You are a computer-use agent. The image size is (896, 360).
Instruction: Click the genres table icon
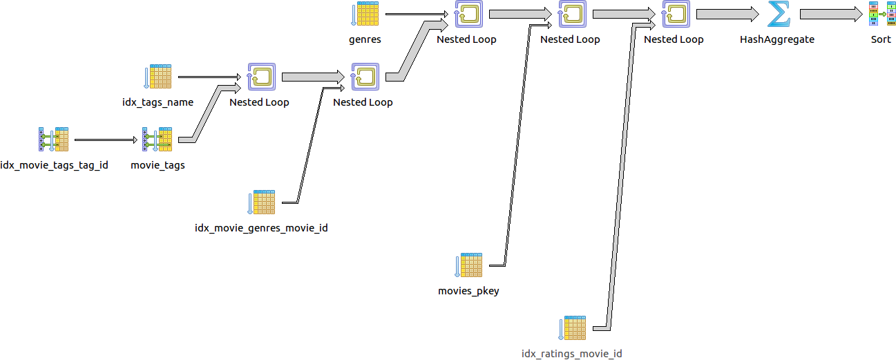pos(365,14)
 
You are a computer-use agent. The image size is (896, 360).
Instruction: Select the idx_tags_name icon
pos(158,77)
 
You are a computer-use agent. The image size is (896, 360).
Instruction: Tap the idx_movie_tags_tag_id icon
pos(54,140)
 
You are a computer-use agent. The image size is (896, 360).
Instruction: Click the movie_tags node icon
pos(158,140)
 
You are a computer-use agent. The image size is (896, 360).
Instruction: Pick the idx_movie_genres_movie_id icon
pos(261,202)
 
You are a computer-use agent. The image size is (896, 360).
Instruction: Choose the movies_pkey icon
pos(468,265)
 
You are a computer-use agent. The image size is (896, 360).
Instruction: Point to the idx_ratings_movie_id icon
pos(572,328)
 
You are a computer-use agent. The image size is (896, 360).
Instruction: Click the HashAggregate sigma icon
pos(778,14)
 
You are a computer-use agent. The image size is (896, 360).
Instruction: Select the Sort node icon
pos(881,14)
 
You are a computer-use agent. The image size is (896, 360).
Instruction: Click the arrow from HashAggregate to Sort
pos(830,14)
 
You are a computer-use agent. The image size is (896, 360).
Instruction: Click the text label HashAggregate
pos(777,39)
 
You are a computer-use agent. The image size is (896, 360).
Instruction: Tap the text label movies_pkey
pos(468,291)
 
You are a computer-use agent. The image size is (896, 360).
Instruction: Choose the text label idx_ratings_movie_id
pos(572,354)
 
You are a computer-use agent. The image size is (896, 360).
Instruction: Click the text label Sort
pos(881,39)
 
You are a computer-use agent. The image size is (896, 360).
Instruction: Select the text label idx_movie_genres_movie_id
pos(261,228)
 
